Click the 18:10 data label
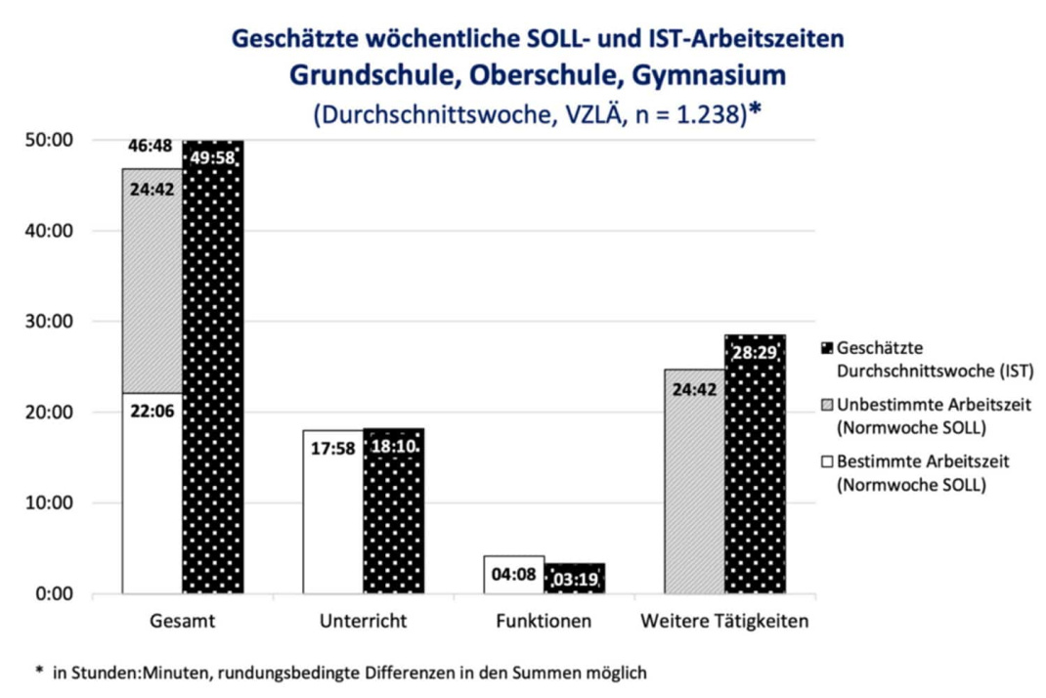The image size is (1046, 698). pyautogui.click(x=393, y=448)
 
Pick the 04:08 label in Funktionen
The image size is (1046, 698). pyautogui.click(x=514, y=574)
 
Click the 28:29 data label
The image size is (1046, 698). pyautogui.click(x=756, y=352)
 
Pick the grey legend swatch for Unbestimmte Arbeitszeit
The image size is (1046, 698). pyautogui.click(x=825, y=405)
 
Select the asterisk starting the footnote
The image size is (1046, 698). pyautogui.click(x=39, y=673)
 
